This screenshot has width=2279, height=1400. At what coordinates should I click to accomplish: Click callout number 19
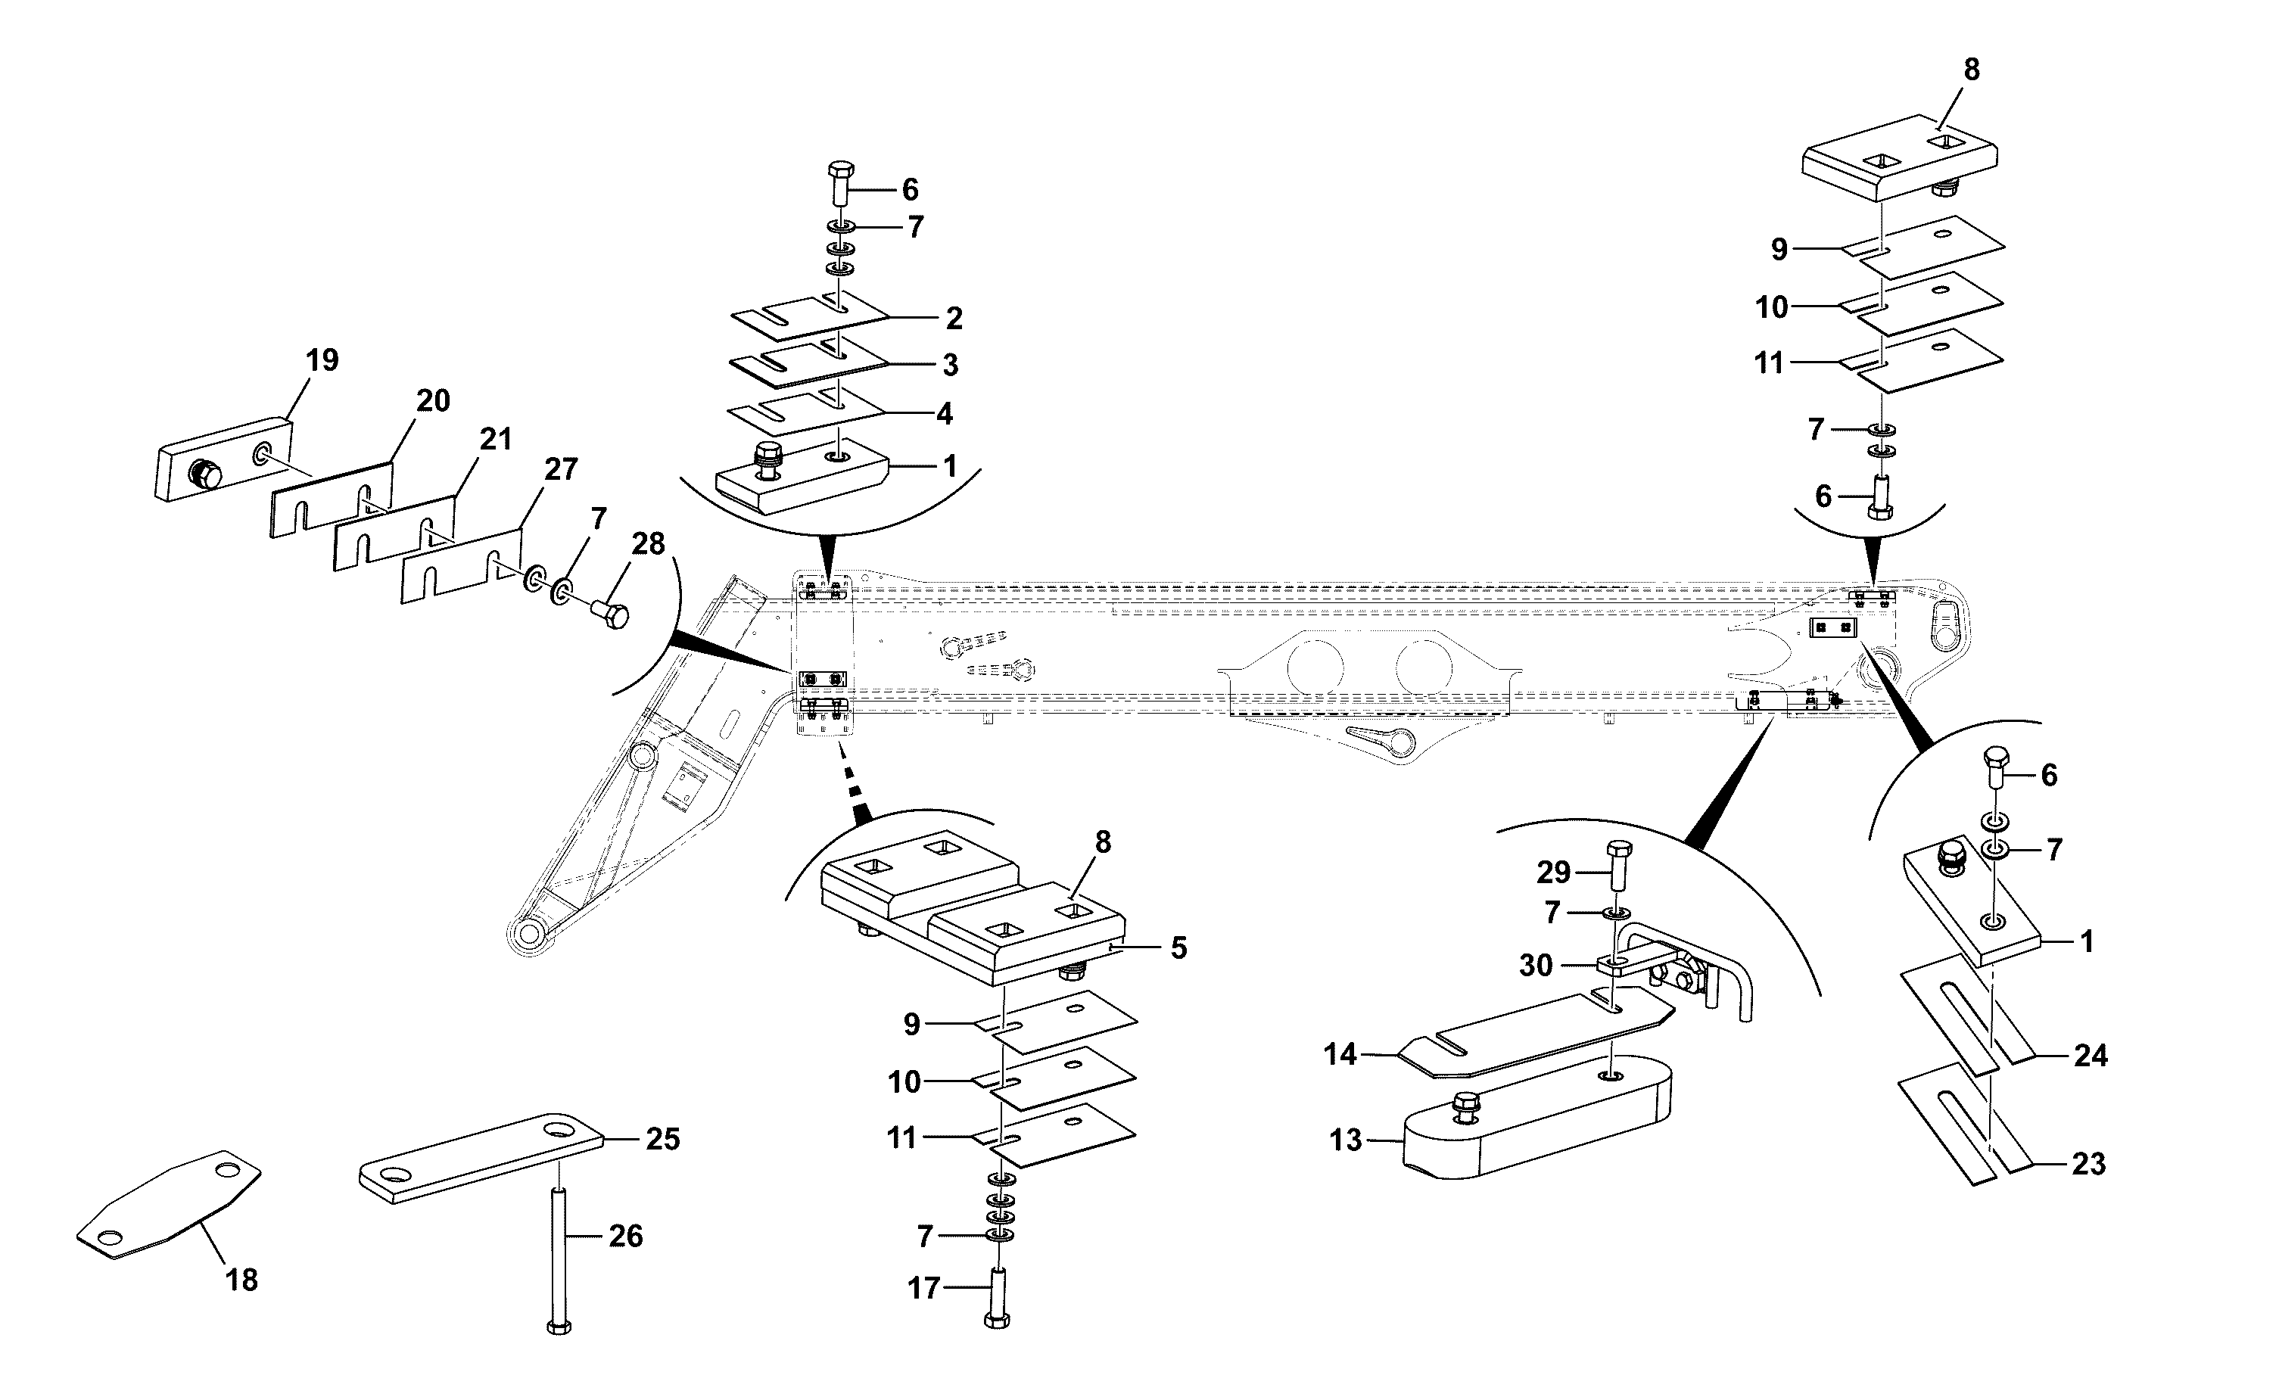(322, 360)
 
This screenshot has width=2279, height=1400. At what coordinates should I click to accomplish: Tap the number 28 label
(648, 544)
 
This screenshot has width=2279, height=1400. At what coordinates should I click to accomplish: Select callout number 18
(241, 1280)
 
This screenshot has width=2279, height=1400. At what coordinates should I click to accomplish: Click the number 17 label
(923, 1288)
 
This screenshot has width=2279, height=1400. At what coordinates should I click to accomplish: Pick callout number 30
(1536, 966)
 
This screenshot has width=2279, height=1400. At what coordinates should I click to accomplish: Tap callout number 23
(2089, 1164)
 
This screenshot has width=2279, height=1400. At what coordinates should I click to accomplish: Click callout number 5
(1178, 948)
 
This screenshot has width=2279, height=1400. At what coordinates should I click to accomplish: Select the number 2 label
(954, 319)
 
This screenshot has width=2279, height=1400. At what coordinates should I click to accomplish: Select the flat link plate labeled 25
(481, 1159)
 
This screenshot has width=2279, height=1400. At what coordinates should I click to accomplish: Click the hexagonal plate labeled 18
(169, 1205)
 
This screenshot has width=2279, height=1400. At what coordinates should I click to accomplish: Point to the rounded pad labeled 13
(1537, 1117)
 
